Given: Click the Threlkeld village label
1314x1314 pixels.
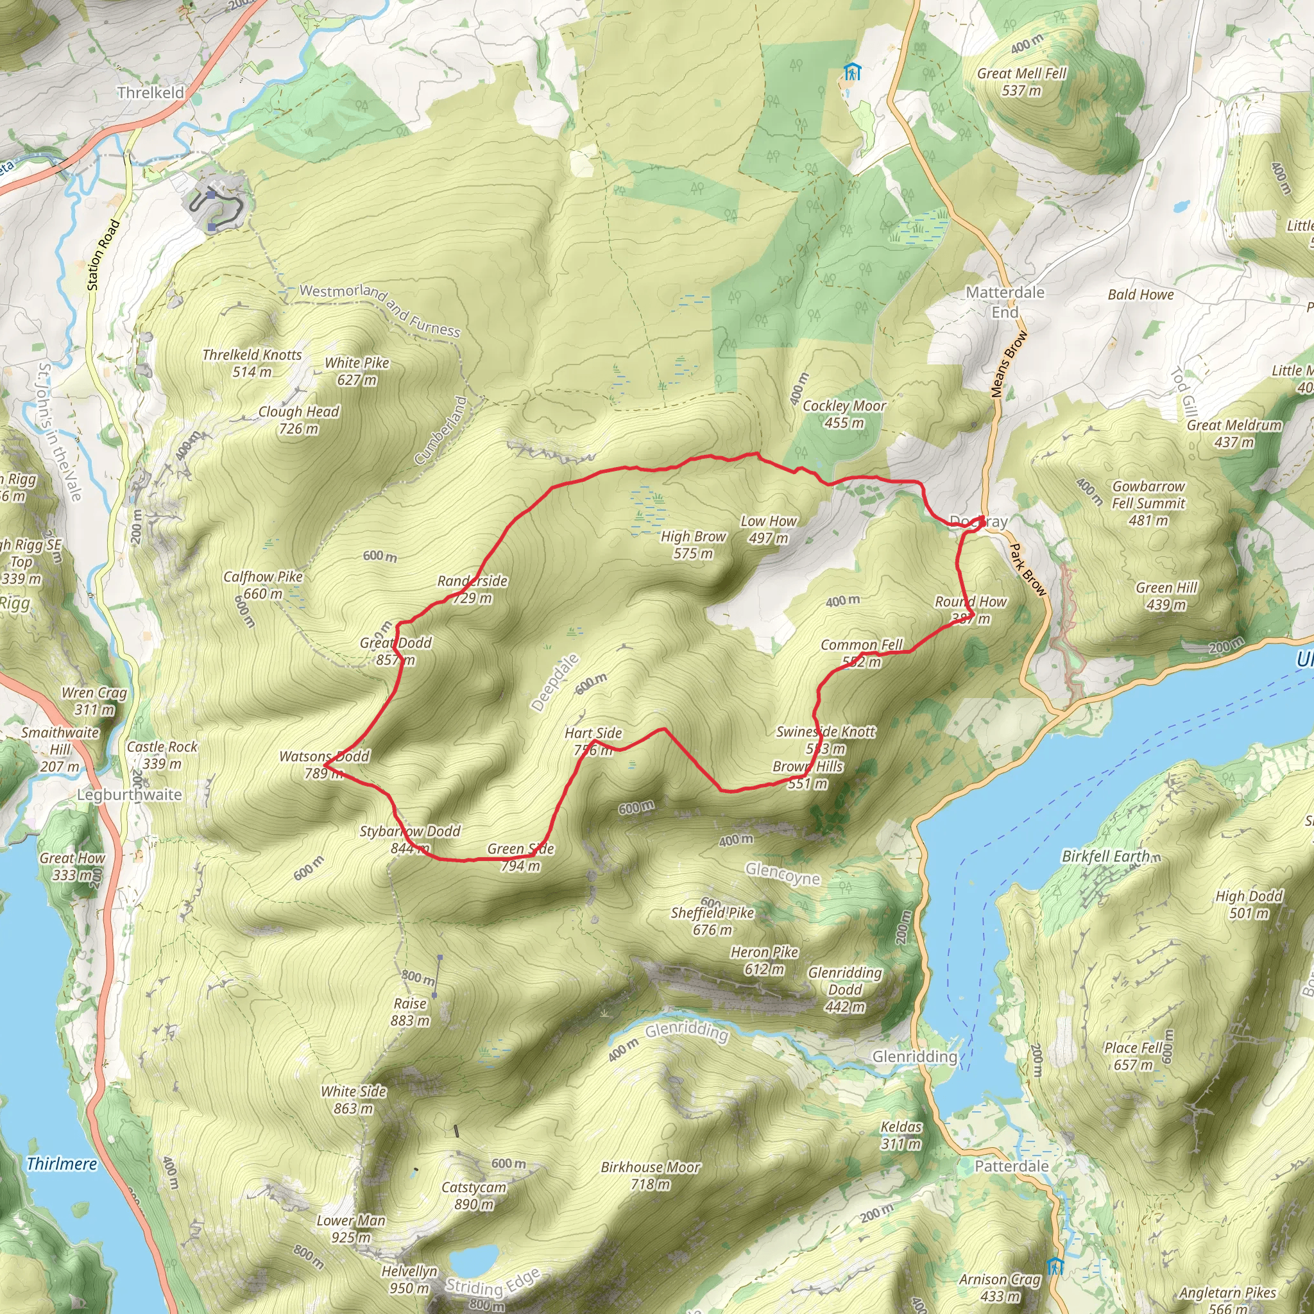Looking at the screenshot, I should [x=150, y=92].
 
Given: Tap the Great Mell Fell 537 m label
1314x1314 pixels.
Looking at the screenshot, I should [x=1021, y=81].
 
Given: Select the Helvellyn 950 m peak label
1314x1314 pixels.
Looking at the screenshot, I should [x=409, y=1279].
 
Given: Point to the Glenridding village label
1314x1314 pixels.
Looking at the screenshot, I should [x=915, y=1056].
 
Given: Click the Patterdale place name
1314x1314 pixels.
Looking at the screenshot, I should [x=1011, y=1166].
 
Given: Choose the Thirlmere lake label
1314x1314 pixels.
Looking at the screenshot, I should [x=61, y=1164].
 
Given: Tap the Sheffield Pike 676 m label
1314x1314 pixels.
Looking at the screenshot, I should [x=712, y=921].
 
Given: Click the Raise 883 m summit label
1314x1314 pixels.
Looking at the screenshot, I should [x=410, y=1012].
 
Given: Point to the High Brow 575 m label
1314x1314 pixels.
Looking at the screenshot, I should [x=693, y=545].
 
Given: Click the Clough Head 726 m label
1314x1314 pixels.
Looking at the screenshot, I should [x=298, y=420].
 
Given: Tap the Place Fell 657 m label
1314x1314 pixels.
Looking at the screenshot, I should [x=1134, y=1056].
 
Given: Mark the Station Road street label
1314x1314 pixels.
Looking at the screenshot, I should [x=103, y=255].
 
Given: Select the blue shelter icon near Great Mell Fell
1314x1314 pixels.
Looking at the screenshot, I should [x=851, y=71].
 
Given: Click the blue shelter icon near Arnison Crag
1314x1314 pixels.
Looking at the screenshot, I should [x=1055, y=1267].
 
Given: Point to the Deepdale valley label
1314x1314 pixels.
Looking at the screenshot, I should [x=555, y=682].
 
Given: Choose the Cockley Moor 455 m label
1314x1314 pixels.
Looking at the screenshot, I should [x=844, y=414].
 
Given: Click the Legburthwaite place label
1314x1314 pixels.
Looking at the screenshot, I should [x=129, y=794].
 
